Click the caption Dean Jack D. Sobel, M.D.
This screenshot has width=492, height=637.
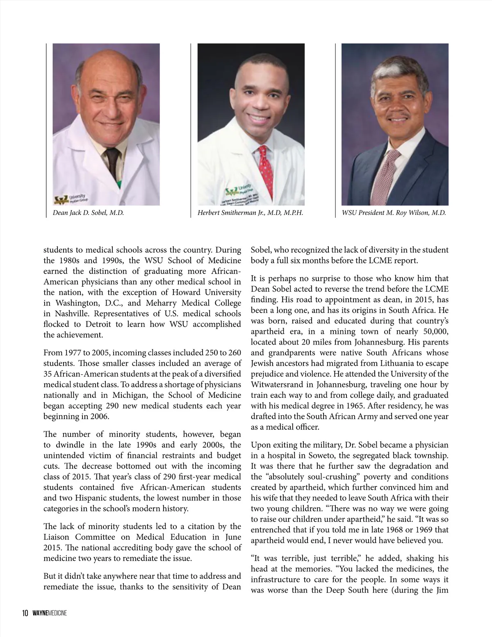tap(88, 213)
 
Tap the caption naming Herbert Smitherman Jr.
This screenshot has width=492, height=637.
tap(250, 213)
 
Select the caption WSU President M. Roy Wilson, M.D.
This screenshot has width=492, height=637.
tap(394, 213)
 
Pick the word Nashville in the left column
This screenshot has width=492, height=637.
tap(64, 313)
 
